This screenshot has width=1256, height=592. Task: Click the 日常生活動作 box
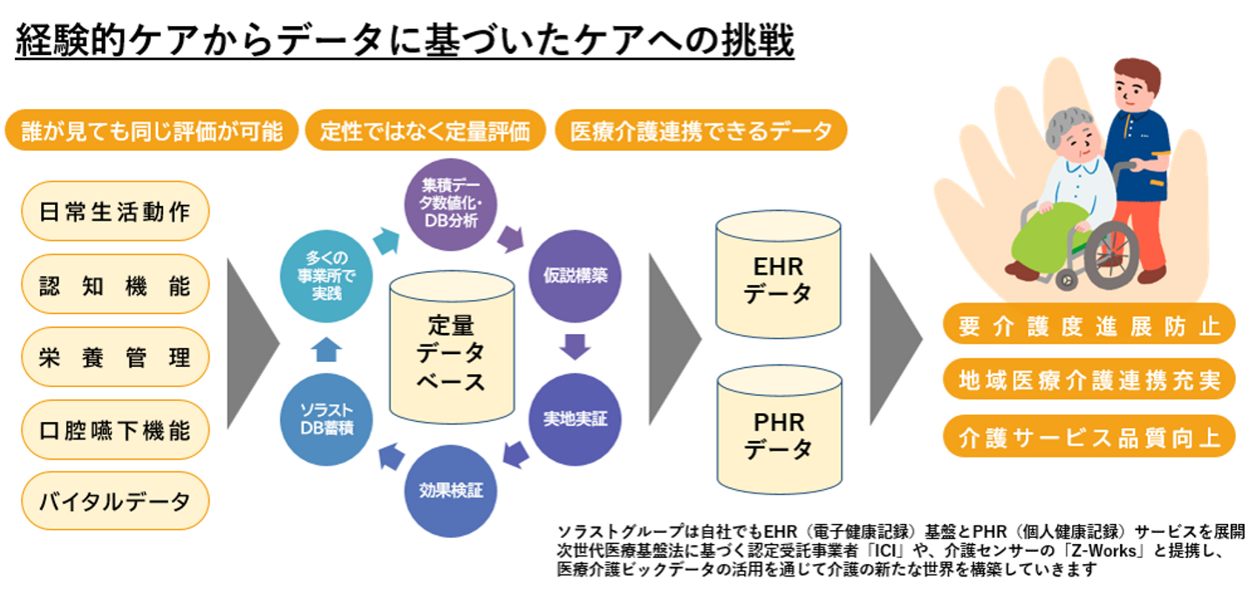(x=114, y=211)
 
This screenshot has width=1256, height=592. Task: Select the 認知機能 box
(x=114, y=284)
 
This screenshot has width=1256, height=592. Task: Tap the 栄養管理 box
(x=114, y=357)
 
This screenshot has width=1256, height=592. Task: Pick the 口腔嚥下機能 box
(x=114, y=430)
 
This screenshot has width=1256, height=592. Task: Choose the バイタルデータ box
(x=114, y=501)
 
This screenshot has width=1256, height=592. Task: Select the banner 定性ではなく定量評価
(x=425, y=131)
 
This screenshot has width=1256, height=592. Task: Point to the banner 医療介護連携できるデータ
(x=700, y=131)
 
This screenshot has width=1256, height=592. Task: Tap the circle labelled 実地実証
(x=569, y=418)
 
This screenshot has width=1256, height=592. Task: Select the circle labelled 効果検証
(x=445, y=489)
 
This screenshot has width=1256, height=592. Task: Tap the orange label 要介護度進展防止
(x=1089, y=326)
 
